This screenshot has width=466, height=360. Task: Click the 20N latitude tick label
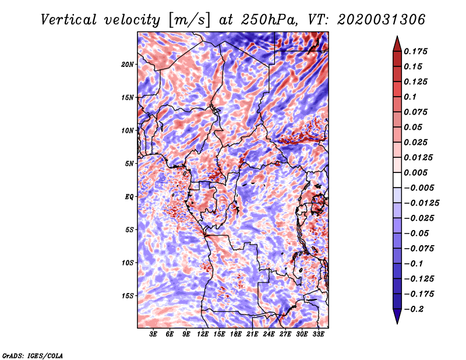(x=128, y=64)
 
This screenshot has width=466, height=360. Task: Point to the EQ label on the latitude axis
(x=129, y=196)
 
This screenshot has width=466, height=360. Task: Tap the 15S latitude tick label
(x=128, y=295)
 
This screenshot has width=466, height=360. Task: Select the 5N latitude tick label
(x=129, y=163)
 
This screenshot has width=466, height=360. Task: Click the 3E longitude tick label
(x=153, y=334)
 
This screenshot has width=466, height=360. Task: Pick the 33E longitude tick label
(x=319, y=334)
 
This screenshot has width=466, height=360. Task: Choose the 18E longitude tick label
(x=236, y=334)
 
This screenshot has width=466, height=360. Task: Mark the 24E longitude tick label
(x=269, y=334)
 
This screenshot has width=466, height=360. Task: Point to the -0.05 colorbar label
(x=416, y=233)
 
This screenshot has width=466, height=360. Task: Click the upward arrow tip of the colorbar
(x=397, y=38)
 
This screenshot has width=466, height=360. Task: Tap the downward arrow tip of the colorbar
(x=397, y=322)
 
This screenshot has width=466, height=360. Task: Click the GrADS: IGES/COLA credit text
(x=33, y=355)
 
